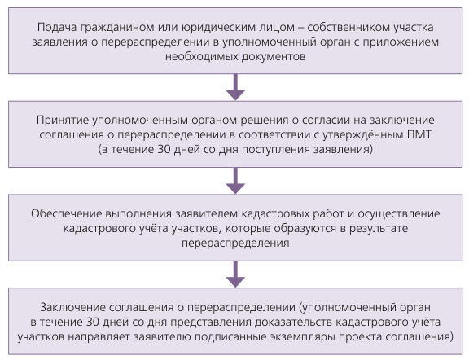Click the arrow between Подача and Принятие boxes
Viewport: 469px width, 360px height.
tap(235, 87)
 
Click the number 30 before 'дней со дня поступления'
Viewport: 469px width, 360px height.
tap(164, 149)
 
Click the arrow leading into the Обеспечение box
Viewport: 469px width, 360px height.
tap(235, 181)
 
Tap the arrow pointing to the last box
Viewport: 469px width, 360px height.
tap(235, 274)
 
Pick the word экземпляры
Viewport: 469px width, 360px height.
tap(303, 337)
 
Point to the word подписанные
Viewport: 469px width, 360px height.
tap(230, 337)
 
